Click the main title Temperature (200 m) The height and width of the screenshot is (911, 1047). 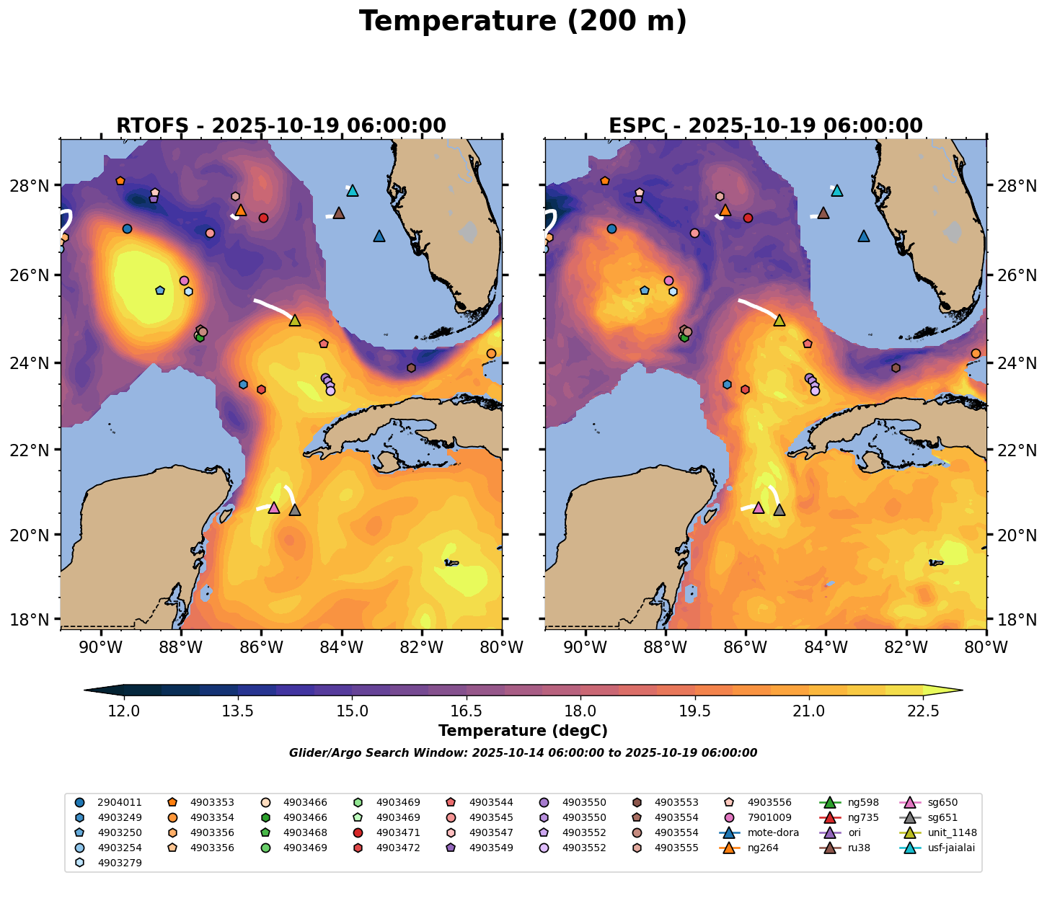[x=523, y=22]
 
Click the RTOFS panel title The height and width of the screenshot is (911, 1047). [x=280, y=126]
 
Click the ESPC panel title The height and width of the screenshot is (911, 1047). [x=765, y=126]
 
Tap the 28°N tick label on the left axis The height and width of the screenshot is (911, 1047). [x=33, y=186]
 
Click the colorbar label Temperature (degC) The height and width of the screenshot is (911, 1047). [x=523, y=731]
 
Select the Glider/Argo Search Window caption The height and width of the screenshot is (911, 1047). [x=523, y=753]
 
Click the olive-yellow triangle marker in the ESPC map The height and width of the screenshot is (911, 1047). [x=779, y=320]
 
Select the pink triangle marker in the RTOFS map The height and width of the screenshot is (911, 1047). [x=273, y=508]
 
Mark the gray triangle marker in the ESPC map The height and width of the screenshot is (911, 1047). [x=779, y=510]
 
